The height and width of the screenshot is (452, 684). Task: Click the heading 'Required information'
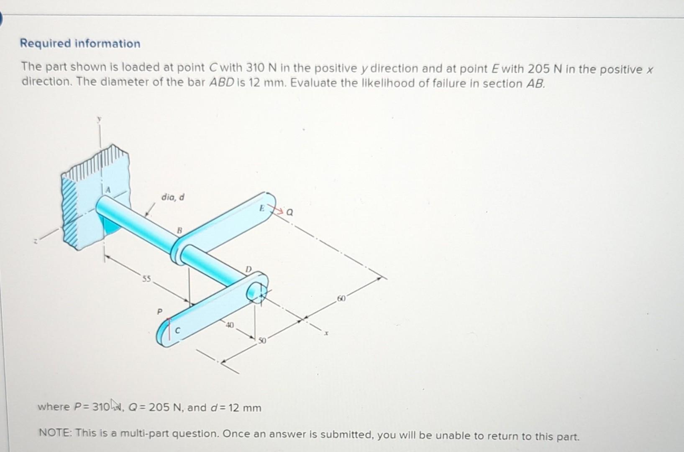point(80,44)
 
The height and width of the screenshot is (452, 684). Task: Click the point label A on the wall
point(108,190)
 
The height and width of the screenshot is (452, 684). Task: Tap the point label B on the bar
point(179,230)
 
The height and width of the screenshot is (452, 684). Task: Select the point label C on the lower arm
point(177,331)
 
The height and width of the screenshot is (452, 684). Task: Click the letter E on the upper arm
point(261,208)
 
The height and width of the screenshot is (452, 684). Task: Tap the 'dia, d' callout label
point(173,197)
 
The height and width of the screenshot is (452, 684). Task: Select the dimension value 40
point(230,325)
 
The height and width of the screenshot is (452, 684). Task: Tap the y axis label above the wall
point(100,119)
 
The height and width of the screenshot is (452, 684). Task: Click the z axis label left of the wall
point(36,241)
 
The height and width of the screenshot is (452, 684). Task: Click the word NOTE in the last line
point(54,433)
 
